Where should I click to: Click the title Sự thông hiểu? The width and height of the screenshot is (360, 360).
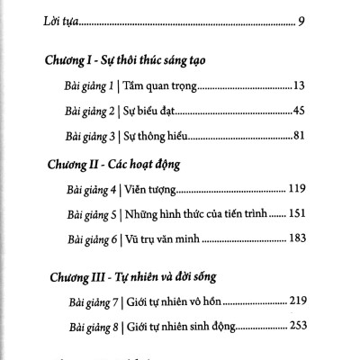pyautogui.click(x=166, y=138)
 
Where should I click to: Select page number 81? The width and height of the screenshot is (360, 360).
pyautogui.click(x=301, y=138)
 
